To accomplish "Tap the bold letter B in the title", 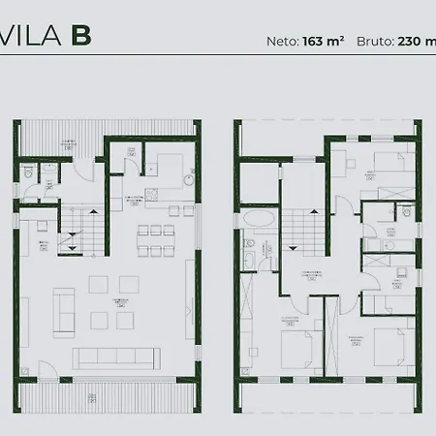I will click(80, 36).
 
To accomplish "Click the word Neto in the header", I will click(282, 42).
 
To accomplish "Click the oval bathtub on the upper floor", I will click(258, 219).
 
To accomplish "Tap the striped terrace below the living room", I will click(108, 396).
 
